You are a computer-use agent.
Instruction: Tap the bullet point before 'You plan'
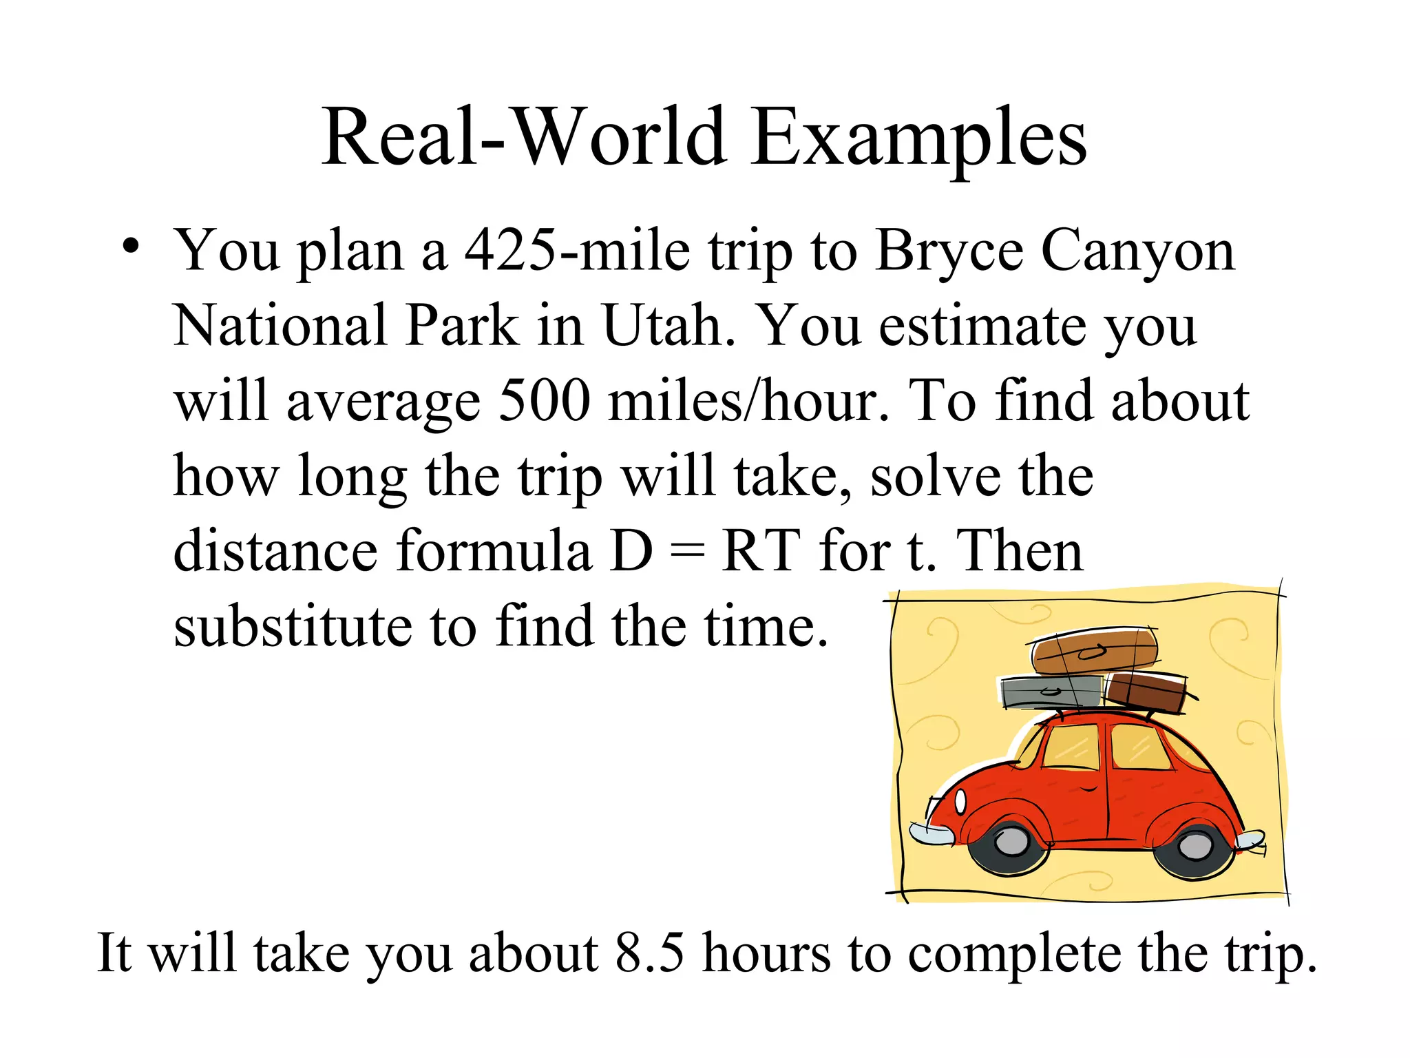[131, 246]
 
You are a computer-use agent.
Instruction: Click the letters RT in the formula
[761, 551]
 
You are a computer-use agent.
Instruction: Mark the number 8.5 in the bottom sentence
[650, 953]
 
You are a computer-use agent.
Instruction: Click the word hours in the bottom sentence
[766, 953]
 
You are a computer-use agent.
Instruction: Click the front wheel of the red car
[1011, 841]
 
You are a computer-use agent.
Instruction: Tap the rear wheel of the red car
[1195, 846]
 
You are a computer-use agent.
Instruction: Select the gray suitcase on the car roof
[1050, 692]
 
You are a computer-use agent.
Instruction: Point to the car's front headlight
[960, 802]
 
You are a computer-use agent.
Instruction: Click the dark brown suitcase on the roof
[1146, 692]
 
